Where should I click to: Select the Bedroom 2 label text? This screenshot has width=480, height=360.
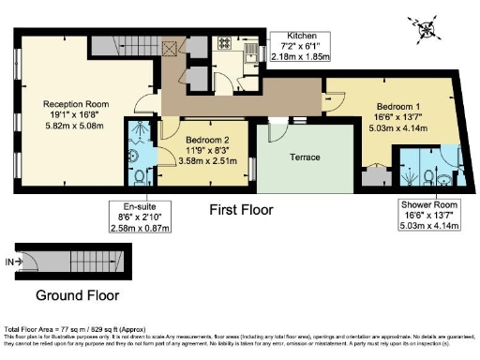(x=202, y=139)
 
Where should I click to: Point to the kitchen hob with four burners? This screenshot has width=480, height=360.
(x=226, y=42)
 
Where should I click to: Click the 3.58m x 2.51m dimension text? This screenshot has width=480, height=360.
(x=202, y=160)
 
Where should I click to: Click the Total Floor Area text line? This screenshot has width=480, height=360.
(x=75, y=329)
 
